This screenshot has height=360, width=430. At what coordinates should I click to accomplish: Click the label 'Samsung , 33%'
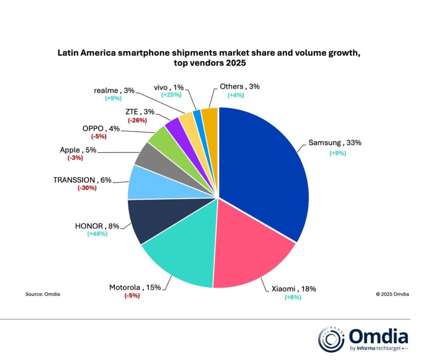click(335, 143)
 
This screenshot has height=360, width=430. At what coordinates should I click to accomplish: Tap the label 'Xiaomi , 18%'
click(293, 289)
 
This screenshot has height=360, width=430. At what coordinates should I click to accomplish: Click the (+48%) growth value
click(97, 234)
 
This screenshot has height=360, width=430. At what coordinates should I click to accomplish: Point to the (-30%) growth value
click(87, 188)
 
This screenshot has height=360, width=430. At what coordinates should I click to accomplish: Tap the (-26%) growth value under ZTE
click(136, 120)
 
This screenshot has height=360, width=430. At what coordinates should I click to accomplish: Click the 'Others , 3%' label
click(240, 87)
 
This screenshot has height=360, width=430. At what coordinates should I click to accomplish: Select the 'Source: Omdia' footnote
click(42, 294)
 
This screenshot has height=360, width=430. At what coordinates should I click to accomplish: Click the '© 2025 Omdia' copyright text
click(392, 294)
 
